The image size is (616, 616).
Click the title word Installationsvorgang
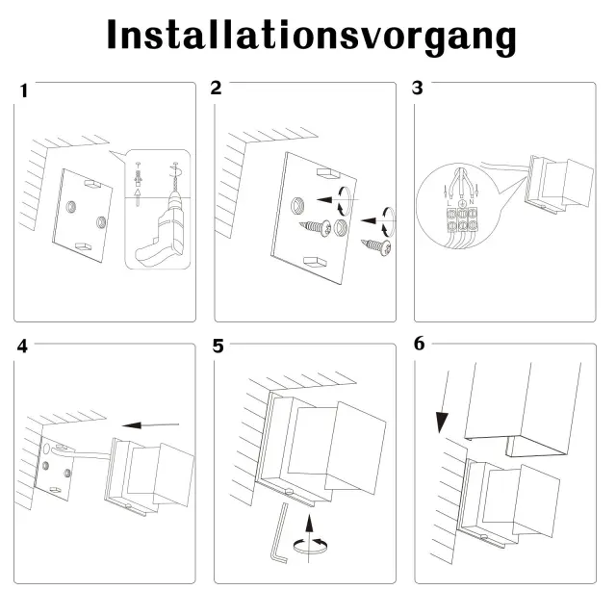(312, 37)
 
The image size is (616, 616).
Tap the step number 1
(24, 90)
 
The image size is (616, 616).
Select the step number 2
(216, 88)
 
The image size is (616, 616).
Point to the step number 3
(417, 88)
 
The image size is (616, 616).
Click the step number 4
(22, 346)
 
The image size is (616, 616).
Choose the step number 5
(218, 346)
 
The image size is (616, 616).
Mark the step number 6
(420, 344)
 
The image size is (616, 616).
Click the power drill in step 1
(161, 228)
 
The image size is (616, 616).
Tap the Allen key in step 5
(279, 532)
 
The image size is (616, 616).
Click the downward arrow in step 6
(445, 400)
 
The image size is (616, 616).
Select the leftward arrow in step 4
(150, 425)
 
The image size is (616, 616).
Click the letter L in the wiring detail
(449, 203)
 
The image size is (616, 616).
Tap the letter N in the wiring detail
(472, 202)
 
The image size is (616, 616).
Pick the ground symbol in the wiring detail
(462, 203)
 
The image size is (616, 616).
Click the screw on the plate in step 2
(316, 227)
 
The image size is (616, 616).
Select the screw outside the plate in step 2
(376, 247)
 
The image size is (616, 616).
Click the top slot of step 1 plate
(92, 184)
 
